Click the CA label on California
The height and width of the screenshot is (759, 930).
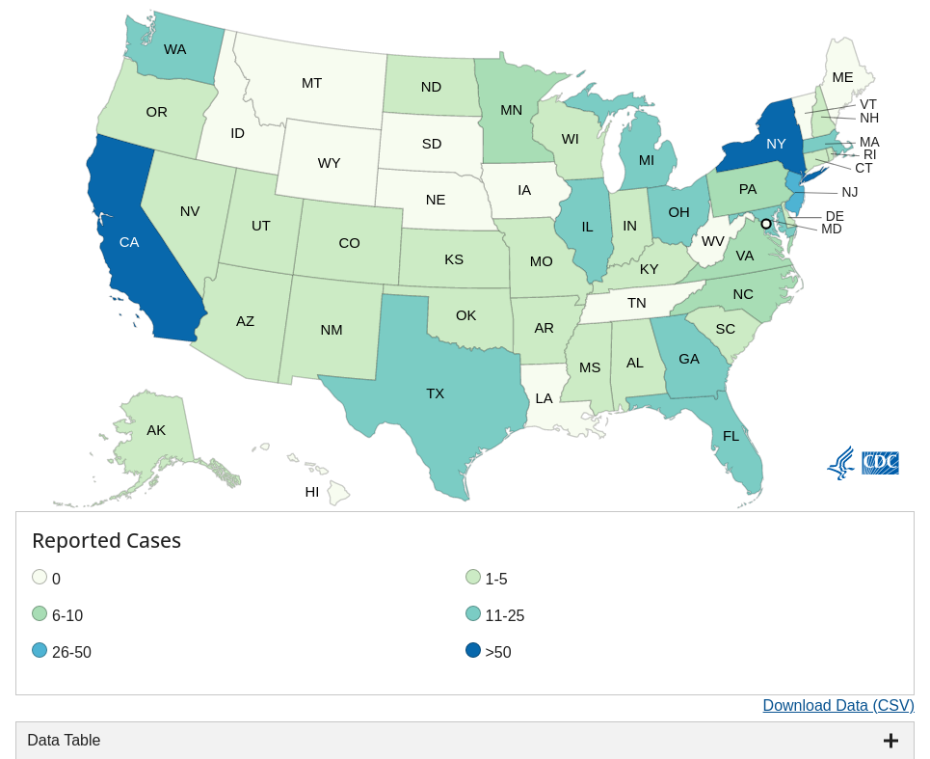pyautogui.click(x=129, y=242)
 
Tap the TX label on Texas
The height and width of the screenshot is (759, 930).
pyautogui.click(x=436, y=393)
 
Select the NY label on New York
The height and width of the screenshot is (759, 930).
pyautogui.click(x=776, y=144)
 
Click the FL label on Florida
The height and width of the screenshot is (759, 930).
pyautogui.click(x=731, y=436)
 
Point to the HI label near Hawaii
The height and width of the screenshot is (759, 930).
pyautogui.click(x=312, y=492)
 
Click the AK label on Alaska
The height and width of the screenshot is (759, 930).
pyautogui.click(x=156, y=430)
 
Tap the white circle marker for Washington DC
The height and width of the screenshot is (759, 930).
pyautogui.click(x=766, y=224)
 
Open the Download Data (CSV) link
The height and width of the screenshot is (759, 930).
pyautogui.click(x=837, y=706)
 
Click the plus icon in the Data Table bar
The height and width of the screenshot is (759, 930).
pyautogui.click(x=890, y=741)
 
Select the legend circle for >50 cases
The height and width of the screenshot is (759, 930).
pyautogui.click(x=473, y=651)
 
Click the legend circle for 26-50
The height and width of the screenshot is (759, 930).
pyautogui.click(x=40, y=651)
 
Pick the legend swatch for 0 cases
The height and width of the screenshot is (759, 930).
pyautogui.click(x=40, y=578)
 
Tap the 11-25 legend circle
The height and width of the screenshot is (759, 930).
pyautogui.click(x=473, y=614)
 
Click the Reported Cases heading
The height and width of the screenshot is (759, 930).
pyautogui.click(x=106, y=541)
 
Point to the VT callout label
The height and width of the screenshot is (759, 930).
pyautogui.click(x=868, y=104)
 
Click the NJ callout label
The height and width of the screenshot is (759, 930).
pyautogui.click(x=849, y=192)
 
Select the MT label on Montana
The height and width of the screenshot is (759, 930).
pyautogui.click(x=311, y=83)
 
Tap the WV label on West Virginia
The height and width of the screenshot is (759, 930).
pyautogui.click(x=713, y=241)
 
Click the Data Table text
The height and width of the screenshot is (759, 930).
pyautogui.click(x=64, y=741)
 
